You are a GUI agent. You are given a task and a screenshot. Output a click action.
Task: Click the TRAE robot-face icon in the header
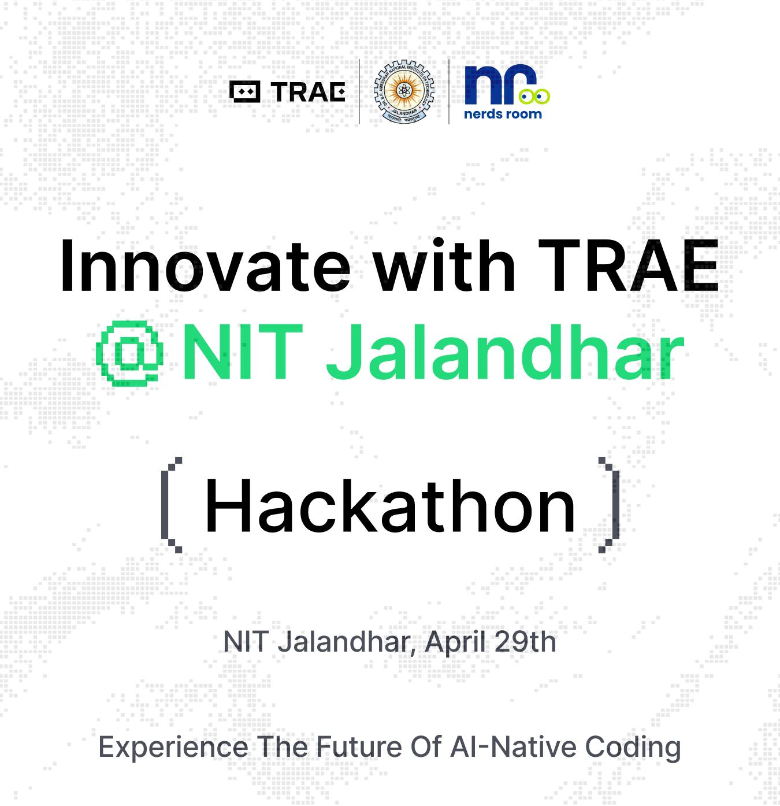coord(245,91)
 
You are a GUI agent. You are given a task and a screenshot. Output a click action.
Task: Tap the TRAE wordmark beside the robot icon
coord(309,92)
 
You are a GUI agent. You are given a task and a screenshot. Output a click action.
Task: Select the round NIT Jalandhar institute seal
coord(404,91)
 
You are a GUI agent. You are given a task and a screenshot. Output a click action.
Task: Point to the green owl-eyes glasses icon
coord(534,97)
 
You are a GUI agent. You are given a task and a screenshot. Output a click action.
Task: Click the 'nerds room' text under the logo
coord(503,114)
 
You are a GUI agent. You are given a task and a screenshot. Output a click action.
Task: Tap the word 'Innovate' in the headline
coord(205,265)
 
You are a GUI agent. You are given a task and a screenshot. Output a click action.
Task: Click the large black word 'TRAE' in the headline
coord(628,266)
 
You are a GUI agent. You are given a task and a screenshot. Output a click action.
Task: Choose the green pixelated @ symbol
coord(129,353)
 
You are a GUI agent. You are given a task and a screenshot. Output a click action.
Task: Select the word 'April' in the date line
coord(455,643)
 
